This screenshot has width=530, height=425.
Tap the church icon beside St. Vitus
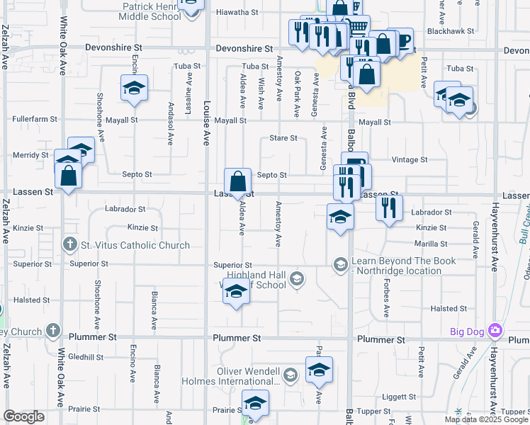[69, 246]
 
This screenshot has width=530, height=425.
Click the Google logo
[23, 416]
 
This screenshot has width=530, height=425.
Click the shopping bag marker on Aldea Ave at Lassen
[239, 181]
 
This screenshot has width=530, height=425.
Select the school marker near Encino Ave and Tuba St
[134, 89]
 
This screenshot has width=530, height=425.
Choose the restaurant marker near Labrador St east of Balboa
[389, 207]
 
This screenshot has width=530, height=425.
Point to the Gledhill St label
[87, 357]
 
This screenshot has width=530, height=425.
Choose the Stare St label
[283, 138]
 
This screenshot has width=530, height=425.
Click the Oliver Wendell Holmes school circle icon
[290, 374]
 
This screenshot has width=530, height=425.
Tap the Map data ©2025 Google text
[485, 419]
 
